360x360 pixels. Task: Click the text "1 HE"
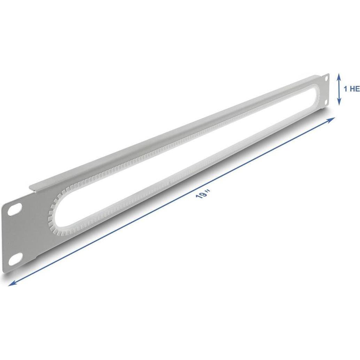(351, 89)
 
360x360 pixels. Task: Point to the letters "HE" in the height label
(354, 89)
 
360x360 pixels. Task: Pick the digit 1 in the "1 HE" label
(345, 89)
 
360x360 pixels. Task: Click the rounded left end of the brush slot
(52, 213)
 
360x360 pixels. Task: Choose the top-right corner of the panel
(328, 74)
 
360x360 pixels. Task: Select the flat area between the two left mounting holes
(16, 235)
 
